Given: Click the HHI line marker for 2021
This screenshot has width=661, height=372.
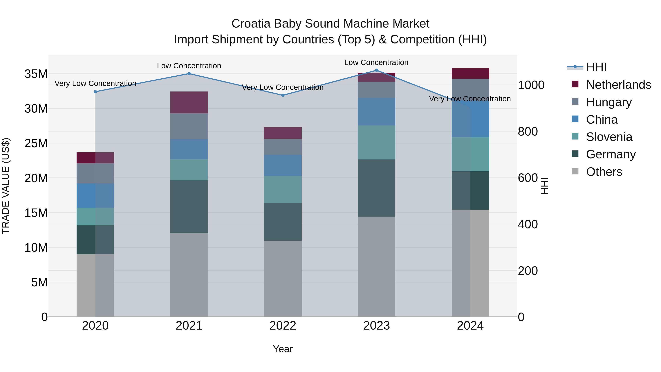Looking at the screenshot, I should point(189,74).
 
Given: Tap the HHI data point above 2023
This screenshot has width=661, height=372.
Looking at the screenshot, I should point(376,70).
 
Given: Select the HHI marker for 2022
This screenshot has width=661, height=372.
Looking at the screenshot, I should point(283,95).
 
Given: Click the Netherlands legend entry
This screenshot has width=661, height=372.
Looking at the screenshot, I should point(618,85).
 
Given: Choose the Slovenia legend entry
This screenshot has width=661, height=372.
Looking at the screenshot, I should point(609,137).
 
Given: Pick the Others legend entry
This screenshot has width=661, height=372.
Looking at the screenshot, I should point(604,172).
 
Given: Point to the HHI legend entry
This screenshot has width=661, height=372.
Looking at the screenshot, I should point(596,67).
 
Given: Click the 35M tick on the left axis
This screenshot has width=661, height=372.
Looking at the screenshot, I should point(36,74).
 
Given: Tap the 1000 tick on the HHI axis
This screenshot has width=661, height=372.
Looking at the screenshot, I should point(531,85).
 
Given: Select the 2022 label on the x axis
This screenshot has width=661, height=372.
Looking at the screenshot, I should point(283,326).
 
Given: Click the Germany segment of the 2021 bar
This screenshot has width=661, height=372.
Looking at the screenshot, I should point(189,207).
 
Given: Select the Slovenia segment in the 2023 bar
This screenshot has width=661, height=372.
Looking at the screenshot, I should point(376,143).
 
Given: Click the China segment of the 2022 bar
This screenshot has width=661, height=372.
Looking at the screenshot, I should point(283,165).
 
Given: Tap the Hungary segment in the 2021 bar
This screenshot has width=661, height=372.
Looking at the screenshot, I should point(189,126).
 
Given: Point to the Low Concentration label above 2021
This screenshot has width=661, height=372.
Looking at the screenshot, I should point(189,66).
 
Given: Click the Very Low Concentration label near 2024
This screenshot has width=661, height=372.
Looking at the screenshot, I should point(470,99).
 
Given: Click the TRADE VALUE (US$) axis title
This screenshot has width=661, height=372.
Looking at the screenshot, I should point(6,186).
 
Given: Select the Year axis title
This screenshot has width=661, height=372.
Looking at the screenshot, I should point(283,349).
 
